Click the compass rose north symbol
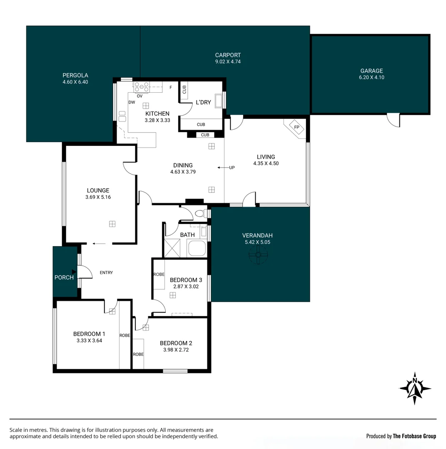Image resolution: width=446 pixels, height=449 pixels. [x=415, y=388]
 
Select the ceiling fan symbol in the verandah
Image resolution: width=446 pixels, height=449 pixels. [x=258, y=254]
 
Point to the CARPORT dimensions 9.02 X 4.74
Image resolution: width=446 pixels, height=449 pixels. [x=228, y=62]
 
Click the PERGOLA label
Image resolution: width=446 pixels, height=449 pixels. [x=75, y=75]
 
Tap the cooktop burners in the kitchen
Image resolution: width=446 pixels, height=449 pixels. [x=142, y=87]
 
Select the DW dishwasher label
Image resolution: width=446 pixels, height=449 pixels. [x=132, y=102]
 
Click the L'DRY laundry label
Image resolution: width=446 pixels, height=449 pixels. [x=204, y=102]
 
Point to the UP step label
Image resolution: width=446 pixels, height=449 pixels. [x=232, y=168]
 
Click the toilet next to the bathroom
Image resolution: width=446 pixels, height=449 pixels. [x=200, y=214]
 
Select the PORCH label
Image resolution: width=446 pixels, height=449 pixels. [x=64, y=277]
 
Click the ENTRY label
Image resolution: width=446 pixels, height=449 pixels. [x=106, y=273]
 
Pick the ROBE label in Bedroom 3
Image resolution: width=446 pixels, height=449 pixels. [x=159, y=274]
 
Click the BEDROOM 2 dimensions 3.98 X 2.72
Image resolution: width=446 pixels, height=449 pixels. [x=176, y=350]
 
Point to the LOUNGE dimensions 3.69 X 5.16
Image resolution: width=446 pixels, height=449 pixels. [x=98, y=197]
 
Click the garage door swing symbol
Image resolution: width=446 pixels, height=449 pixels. [x=393, y=120]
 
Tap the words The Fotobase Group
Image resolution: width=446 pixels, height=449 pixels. [x=414, y=436]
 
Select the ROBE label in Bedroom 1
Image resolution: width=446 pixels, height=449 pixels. [x=125, y=335]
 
